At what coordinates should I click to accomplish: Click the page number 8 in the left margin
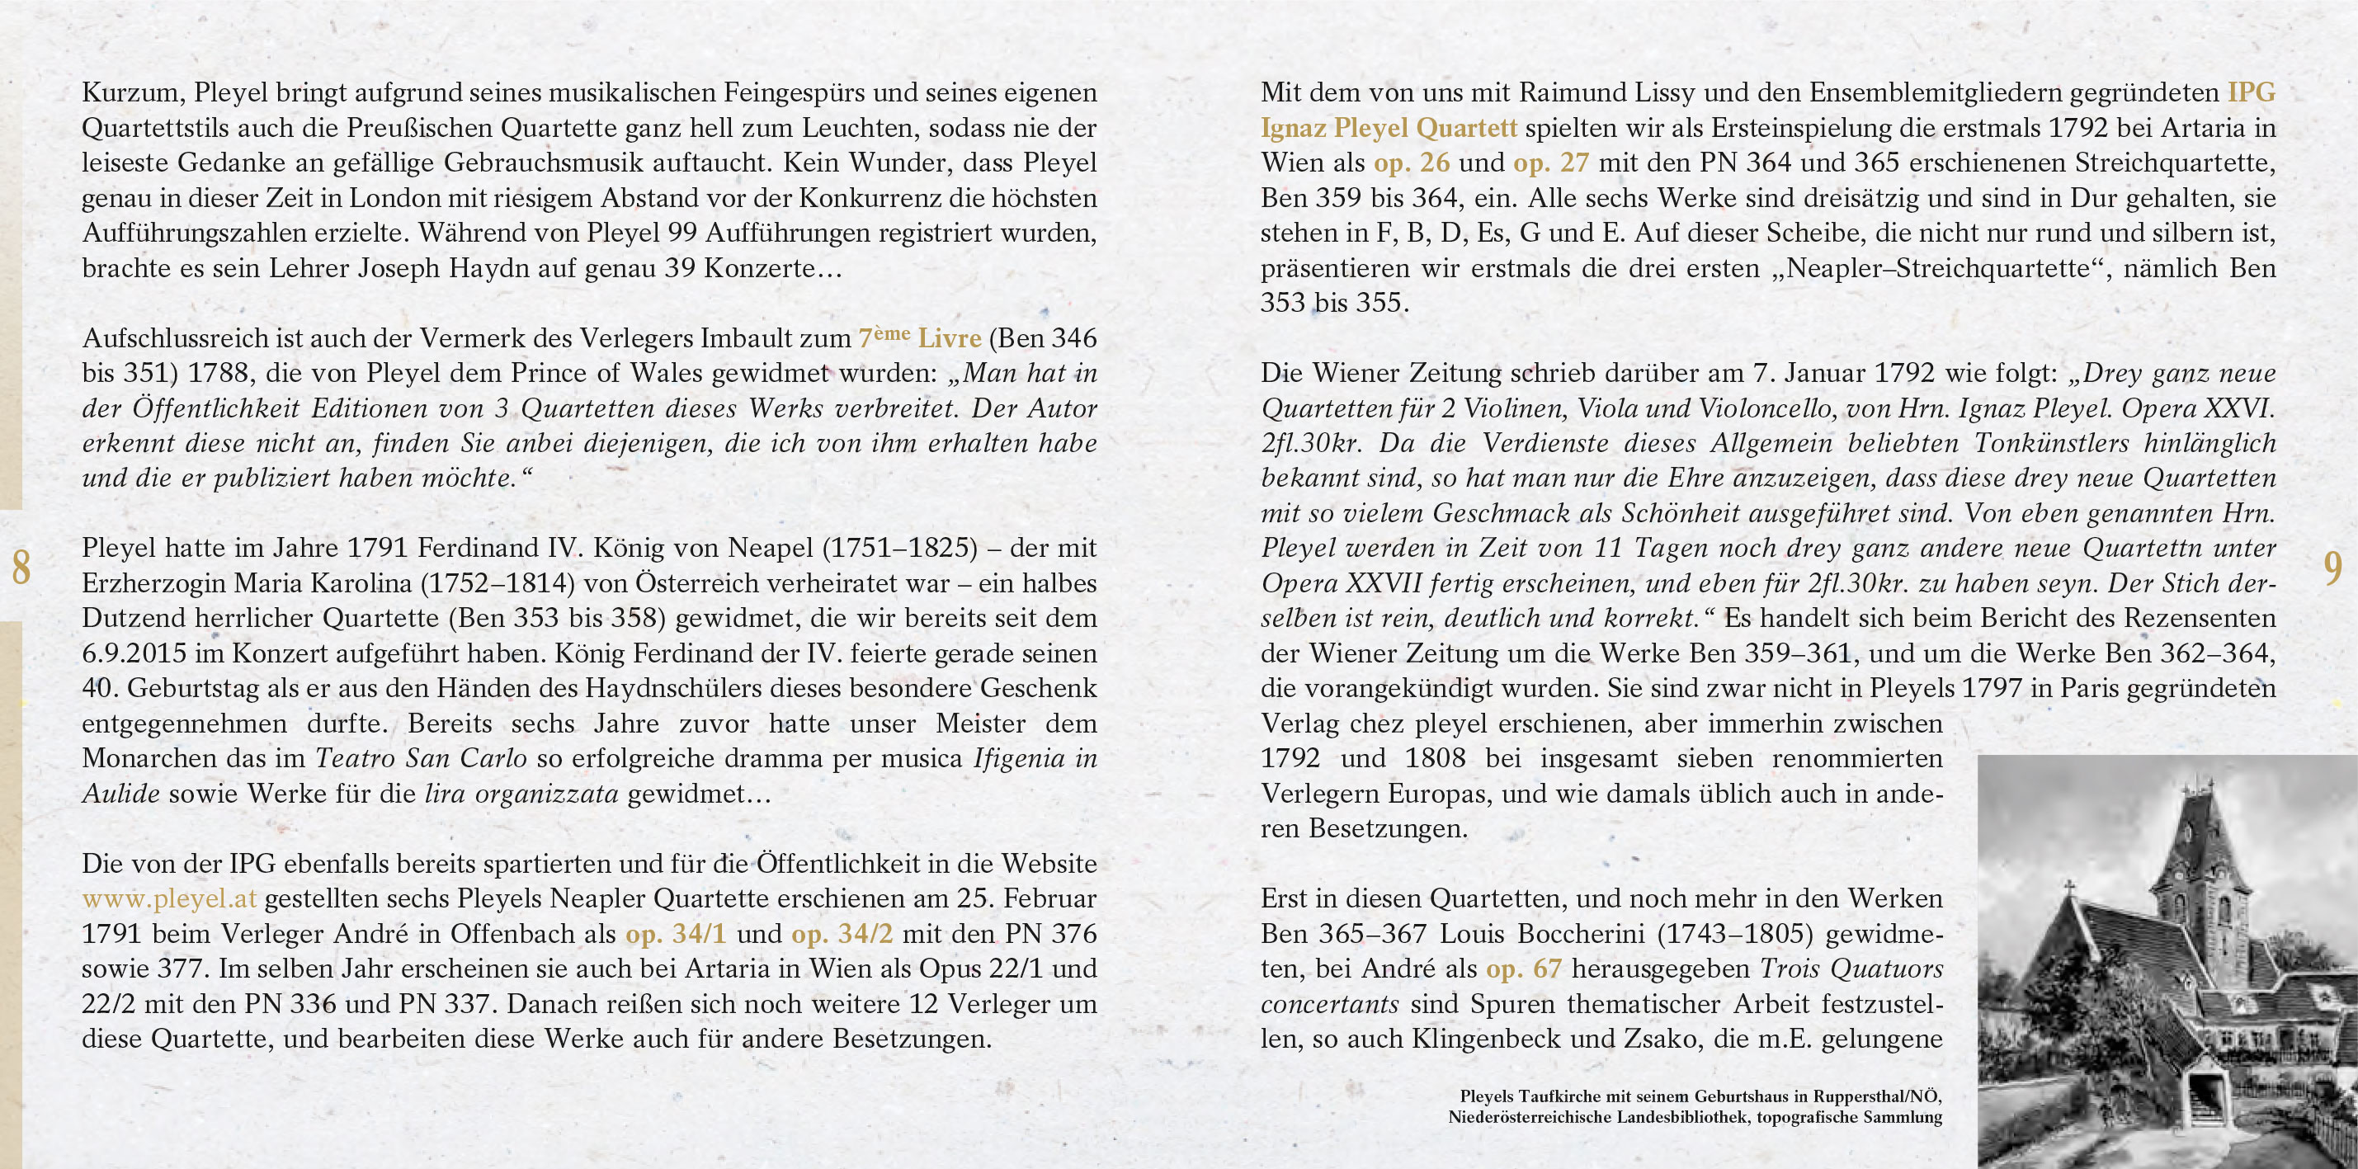(20, 568)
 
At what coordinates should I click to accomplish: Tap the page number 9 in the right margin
(2332, 568)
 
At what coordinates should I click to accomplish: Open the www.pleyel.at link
(169, 899)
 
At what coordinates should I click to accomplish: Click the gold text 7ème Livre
(919, 337)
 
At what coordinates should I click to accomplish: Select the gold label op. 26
(1412, 163)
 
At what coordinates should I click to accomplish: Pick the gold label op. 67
(1524, 969)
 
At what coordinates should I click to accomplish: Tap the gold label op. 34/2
(842, 934)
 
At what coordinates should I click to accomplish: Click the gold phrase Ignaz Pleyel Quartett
(1389, 128)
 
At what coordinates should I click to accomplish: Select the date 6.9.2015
(137, 653)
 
